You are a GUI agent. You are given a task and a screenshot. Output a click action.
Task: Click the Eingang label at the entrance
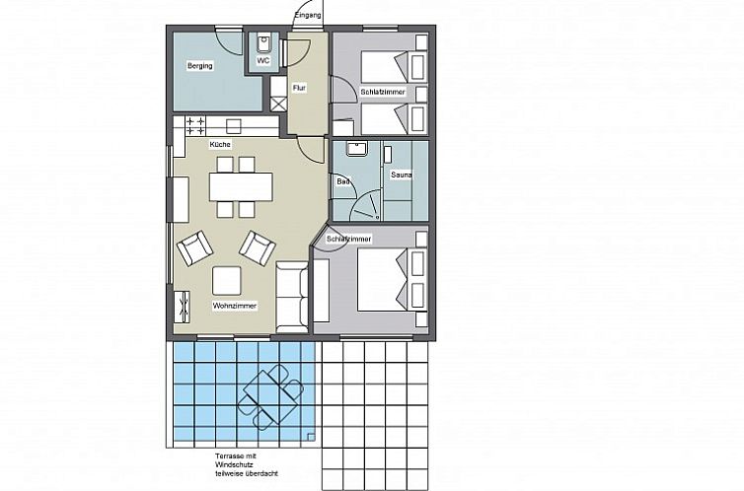pyautogui.click(x=308, y=15)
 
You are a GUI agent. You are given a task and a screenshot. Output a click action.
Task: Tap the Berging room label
pyautogui.click(x=199, y=65)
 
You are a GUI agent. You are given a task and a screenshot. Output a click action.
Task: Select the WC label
pyautogui.click(x=263, y=61)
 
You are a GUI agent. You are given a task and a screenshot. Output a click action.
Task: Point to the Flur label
pyautogui.click(x=299, y=88)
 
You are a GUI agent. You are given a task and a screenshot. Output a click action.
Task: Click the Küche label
pyautogui.click(x=220, y=144)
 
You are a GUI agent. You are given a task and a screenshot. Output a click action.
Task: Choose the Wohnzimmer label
pyautogui.click(x=235, y=307)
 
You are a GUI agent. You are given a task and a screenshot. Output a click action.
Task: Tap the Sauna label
pyautogui.click(x=401, y=175)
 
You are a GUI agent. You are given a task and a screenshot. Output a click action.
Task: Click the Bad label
pyautogui.click(x=343, y=181)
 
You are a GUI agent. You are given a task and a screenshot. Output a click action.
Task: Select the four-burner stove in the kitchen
pyautogui.click(x=195, y=126)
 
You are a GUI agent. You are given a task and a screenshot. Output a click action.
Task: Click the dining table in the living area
pyautogui.click(x=241, y=186)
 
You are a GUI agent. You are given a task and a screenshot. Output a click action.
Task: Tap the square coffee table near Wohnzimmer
pyautogui.click(x=226, y=281)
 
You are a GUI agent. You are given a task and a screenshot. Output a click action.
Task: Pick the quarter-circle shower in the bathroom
pyautogui.click(x=365, y=205)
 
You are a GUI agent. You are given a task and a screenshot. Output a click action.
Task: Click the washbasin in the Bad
pyautogui.click(x=357, y=148)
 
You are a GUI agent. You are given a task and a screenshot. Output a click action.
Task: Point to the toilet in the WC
pyautogui.click(x=263, y=43)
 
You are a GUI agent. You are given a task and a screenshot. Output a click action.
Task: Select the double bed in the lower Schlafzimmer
pyautogui.click(x=392, y=280)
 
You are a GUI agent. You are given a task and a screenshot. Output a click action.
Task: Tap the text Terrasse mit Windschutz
pyautogui.click(x=236, y=460)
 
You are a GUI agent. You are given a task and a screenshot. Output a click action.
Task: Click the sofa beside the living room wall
pyautogui.click(x=292, y=297)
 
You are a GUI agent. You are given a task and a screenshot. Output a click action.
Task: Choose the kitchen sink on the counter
pyautogui.click(x=234, y=126)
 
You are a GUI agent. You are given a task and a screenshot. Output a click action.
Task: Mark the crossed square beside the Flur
pyautogui.click(x=278, y=105)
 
